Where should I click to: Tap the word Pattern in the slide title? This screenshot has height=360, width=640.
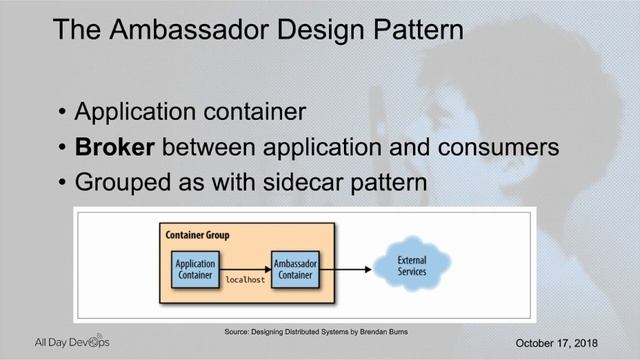pyautogui.click(x=413, y=30)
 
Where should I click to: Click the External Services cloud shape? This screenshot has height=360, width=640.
pyautogui.click(x=411, y=267)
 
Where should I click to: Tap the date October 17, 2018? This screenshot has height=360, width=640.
pyautogui.click(x=556, y=343)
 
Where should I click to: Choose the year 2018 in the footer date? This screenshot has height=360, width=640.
pyautogui.click(x=582, y=343)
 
